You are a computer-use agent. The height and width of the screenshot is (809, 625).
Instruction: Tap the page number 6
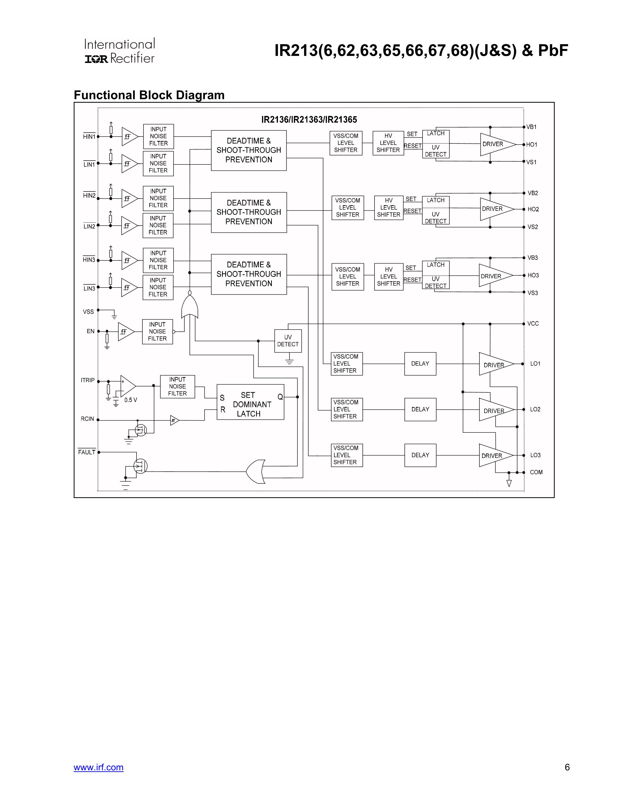coord(567,767)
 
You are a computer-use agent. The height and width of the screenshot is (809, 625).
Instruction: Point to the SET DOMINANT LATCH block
coord(250,402)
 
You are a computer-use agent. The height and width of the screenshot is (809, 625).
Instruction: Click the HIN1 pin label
coord(89,137)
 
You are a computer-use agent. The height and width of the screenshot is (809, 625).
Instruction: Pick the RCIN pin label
coord(87,419)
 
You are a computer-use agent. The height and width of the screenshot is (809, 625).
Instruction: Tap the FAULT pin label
coord(87,452)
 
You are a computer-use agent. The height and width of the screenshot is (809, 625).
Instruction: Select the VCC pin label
coord(533,324)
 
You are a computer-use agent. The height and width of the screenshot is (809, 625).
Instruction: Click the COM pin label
coord(536,472)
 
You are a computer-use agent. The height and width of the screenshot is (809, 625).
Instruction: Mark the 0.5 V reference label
coord(130,400)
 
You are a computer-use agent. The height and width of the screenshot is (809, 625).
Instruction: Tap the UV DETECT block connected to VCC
coord(288,341)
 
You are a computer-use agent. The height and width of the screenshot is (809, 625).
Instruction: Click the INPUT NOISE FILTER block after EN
coord(157,331)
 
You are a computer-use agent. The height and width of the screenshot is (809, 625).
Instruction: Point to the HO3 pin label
coord(533,275)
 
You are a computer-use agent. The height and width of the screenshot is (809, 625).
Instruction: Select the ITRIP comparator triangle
coord(127,386)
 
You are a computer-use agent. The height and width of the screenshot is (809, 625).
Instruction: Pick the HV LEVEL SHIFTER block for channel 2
coord(388,208)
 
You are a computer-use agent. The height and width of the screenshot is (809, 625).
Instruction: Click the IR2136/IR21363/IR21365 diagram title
coord(309,120)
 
